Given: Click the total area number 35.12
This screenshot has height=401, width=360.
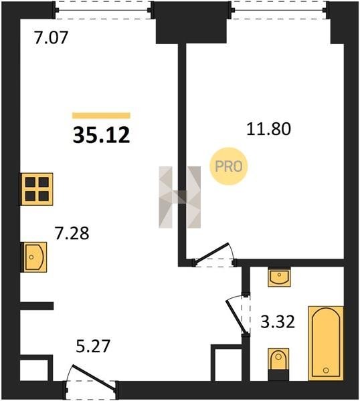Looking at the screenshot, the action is coord(102,135).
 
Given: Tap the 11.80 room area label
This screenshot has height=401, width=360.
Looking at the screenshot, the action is coord(268,129).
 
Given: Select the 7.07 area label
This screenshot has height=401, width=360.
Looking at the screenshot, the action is coord(52,37).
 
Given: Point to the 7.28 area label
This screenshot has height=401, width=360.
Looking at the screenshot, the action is coord(72,233).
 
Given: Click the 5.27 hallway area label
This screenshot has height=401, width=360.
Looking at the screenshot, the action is coord(93,346).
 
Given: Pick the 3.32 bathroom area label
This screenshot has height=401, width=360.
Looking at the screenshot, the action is coord(278,321).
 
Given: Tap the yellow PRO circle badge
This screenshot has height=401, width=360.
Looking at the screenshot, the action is coord(229,166).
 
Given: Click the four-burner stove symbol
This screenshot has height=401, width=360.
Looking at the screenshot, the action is coord(37,189).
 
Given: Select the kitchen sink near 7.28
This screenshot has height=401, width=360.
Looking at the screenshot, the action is coord(34,257).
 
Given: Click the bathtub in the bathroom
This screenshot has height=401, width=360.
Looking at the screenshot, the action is coord(326,344).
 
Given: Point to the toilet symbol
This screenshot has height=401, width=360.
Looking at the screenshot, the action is coord(278,364).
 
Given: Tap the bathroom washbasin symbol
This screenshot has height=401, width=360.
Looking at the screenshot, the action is coord(279,277).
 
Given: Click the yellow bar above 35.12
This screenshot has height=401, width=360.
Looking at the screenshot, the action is coord(102,116).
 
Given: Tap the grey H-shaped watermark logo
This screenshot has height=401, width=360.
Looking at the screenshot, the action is coord(180,197).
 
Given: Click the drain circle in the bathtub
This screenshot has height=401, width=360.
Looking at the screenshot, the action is coord(326,370).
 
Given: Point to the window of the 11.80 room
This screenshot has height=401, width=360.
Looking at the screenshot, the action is coord(280,10).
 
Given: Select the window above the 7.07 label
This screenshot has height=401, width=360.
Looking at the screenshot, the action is coord(103,10).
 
